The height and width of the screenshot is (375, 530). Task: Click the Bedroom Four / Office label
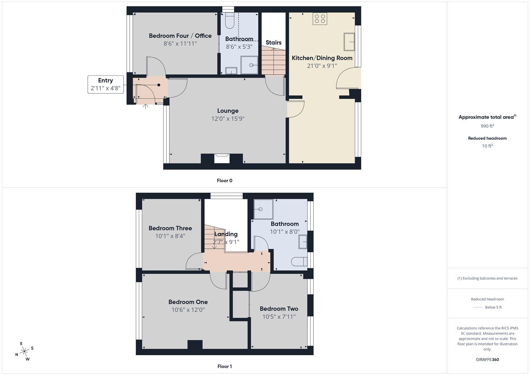[180, 36]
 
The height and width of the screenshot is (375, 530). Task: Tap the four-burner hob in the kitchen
[320, 19]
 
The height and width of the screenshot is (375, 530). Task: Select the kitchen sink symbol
[349, 42]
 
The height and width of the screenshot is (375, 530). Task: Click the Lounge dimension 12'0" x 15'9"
[228, 119]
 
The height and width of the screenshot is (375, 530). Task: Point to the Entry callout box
[106, 84]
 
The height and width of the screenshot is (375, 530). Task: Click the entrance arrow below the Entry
[145, 106]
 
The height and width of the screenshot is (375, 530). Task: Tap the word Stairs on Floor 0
[274, 43]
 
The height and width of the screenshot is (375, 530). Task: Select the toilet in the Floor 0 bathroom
[230, 21]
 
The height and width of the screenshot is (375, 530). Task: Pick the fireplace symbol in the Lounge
[221, 158]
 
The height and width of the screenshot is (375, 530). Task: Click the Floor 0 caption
[225, 181]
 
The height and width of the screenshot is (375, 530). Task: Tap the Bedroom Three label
[170, 228]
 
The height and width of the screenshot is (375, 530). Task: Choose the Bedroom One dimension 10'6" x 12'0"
[188, 310]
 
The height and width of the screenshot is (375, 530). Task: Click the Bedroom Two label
[279, 309]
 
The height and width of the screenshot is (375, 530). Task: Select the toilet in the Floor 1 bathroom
[299, 261]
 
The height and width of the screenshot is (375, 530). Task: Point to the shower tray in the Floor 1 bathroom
[263, 209]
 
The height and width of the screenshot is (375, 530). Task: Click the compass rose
[24, 352]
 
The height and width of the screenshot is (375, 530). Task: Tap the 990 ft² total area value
[487, 126]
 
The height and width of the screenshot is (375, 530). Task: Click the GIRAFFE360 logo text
[487, 359]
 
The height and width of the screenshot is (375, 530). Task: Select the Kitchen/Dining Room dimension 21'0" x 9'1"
[322, 66]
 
